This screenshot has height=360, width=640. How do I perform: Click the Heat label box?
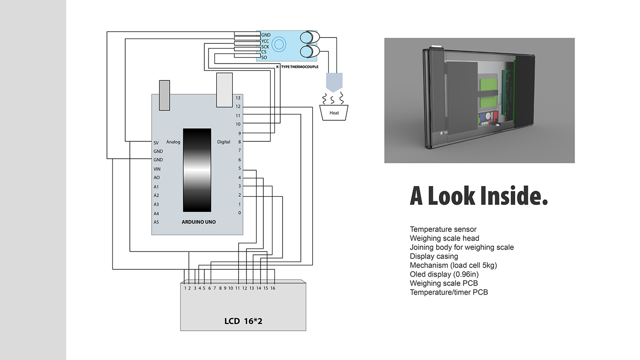tap(334, 113)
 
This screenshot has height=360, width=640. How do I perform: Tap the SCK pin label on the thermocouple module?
tap(265, 47)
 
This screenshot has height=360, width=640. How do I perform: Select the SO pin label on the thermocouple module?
tap(264, 58)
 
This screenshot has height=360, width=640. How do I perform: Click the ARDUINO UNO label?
tap(198, 222)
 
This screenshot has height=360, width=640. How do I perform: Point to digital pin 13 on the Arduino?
tap(238, 98)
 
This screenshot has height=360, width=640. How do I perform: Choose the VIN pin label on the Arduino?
tap(157, 169)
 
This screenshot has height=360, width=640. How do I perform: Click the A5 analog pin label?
tap(156, 222)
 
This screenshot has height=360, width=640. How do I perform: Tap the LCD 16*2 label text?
tap(243, 321)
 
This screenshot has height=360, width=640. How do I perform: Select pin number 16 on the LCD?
tap(272, 288)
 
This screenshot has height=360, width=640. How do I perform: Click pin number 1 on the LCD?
tap(186, 288)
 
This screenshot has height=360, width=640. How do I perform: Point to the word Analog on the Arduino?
tap(173, 142)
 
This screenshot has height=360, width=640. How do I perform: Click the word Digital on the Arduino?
tap(224, 142)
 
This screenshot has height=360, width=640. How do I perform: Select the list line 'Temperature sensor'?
tap(443, 229)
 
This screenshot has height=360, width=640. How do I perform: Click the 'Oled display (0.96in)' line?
tap(444, 274)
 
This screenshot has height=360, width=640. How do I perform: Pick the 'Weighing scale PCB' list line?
tap(443, 283)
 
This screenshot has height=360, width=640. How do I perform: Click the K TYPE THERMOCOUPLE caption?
tap(297, 67)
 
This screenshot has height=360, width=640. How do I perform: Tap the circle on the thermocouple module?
tap(279, 44)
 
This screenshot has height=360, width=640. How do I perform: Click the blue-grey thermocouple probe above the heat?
tap(334, 81)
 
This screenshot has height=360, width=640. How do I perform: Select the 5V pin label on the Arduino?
tap(156, 142)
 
